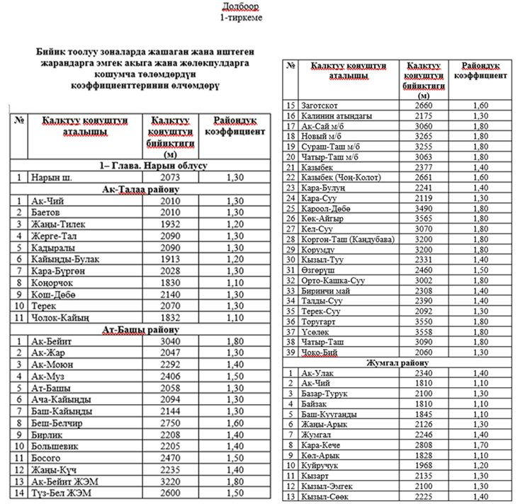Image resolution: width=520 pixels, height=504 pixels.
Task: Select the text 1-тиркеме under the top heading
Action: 241,16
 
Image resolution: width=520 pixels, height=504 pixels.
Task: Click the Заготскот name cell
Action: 323,105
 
